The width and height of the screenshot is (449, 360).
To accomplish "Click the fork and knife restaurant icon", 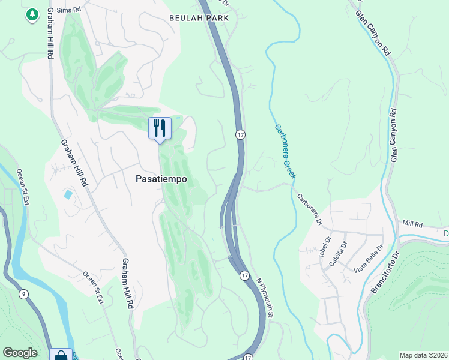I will point(160,128).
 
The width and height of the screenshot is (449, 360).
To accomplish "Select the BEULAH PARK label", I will point(199,19).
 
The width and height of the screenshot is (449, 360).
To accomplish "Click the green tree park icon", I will point(32,14).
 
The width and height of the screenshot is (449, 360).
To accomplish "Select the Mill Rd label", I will point(413,224).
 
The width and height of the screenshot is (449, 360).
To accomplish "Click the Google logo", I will point(20,353).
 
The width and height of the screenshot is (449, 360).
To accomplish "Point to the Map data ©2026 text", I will point(423,355).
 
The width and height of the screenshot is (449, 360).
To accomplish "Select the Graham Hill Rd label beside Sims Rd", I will point(46,33).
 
